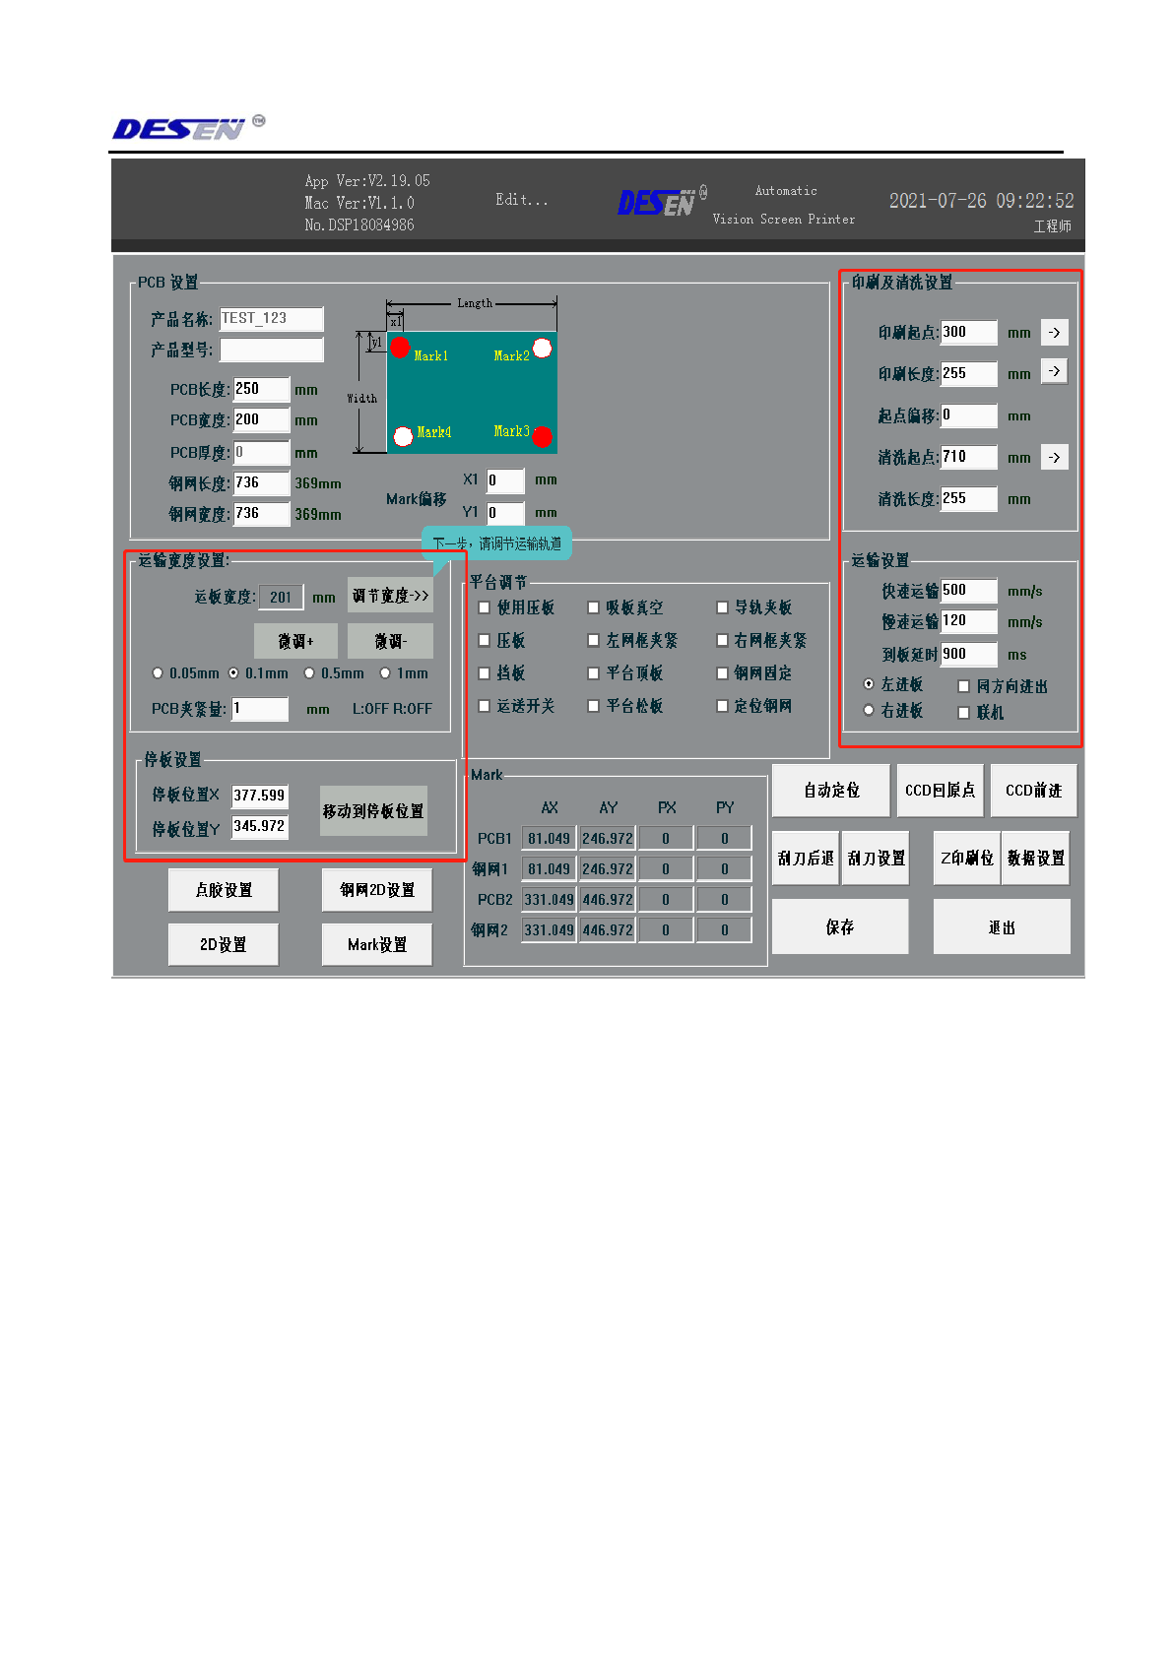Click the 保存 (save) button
[839, 926]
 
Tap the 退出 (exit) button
[1001, 926]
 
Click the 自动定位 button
[830, 790]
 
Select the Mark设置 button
[376, 944]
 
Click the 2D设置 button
[223, 944]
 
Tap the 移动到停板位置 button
[373, 810]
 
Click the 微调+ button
[295, 641]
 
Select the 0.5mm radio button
[309, 673]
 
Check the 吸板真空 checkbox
[593, 607]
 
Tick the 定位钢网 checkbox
[722, 706]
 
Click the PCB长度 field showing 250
[261, 389]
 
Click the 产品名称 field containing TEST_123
[271, 318]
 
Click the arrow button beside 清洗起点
[1054, 457]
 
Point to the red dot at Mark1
[400, 347]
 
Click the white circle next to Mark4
[403, 435]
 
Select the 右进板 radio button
[869, 710]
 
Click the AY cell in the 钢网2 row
[608, 929]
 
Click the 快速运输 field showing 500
[968, 590]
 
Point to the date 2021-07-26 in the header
[937, 201]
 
